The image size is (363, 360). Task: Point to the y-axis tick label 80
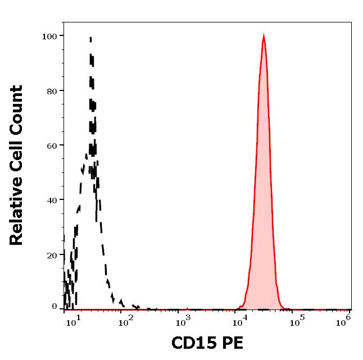[x=51, y=90]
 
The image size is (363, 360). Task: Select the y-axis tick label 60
[x=51, y=145]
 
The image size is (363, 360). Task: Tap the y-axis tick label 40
[x=51, y=200]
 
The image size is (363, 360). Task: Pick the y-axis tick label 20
[x=51, y=254]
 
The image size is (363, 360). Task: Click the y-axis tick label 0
[x=54, y=307]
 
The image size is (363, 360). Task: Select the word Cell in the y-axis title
[x=17, y=147]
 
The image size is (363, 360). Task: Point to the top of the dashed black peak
[x=90, y=38]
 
